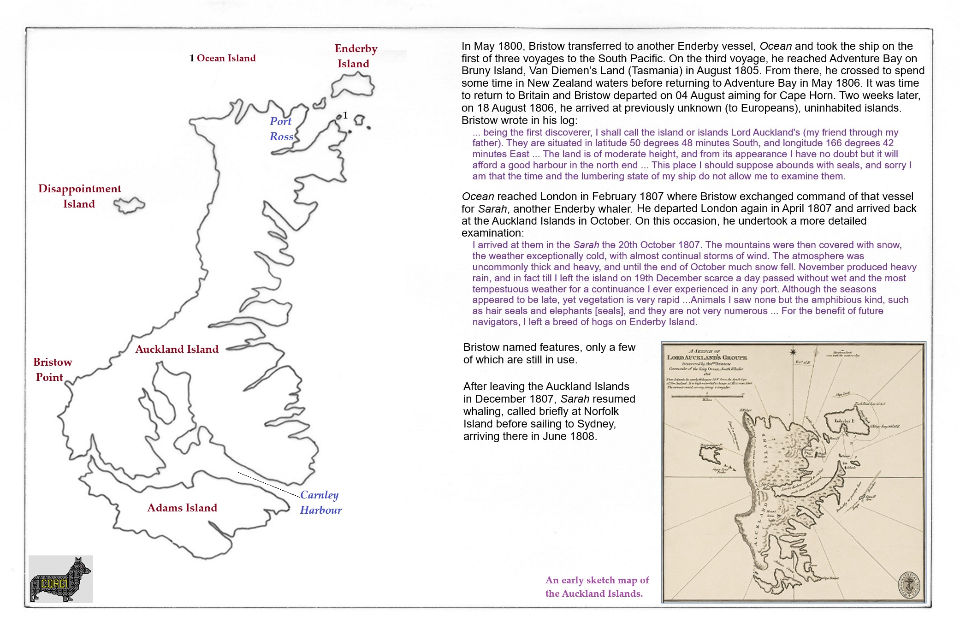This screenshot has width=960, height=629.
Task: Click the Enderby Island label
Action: tap(356, 56)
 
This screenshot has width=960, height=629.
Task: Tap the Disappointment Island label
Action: tap(79, 196)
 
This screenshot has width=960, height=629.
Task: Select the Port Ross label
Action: tap(281, 129)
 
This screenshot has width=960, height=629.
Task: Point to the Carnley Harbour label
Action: tap(320, 502)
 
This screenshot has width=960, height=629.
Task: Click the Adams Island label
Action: tap(182, 508)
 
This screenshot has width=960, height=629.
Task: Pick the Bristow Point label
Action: tap(52, 369)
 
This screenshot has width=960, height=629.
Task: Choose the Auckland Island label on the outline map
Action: tap(177, 349)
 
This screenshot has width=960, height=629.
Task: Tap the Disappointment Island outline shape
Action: tap(130, 205)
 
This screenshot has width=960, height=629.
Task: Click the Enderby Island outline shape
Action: tap(353, 85)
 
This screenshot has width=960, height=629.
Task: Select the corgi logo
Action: tap(60, 579)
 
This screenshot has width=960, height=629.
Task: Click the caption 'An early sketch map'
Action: tap(597, 587)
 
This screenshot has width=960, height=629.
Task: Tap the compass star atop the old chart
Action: tap(793, 352)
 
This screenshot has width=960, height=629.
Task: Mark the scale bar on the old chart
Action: tap(706, 396)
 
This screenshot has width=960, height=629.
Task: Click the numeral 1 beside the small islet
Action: tap(345, 115)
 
